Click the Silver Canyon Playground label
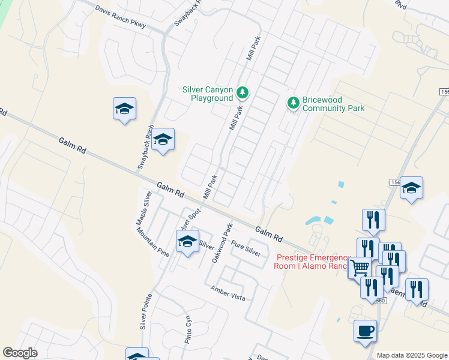207,94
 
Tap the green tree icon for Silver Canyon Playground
243,92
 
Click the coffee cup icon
365,331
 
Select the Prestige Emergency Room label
312,261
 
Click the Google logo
20,353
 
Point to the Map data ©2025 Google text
412,355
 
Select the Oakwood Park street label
221,244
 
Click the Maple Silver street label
143,208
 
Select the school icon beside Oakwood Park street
187,242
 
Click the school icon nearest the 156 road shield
411,188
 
